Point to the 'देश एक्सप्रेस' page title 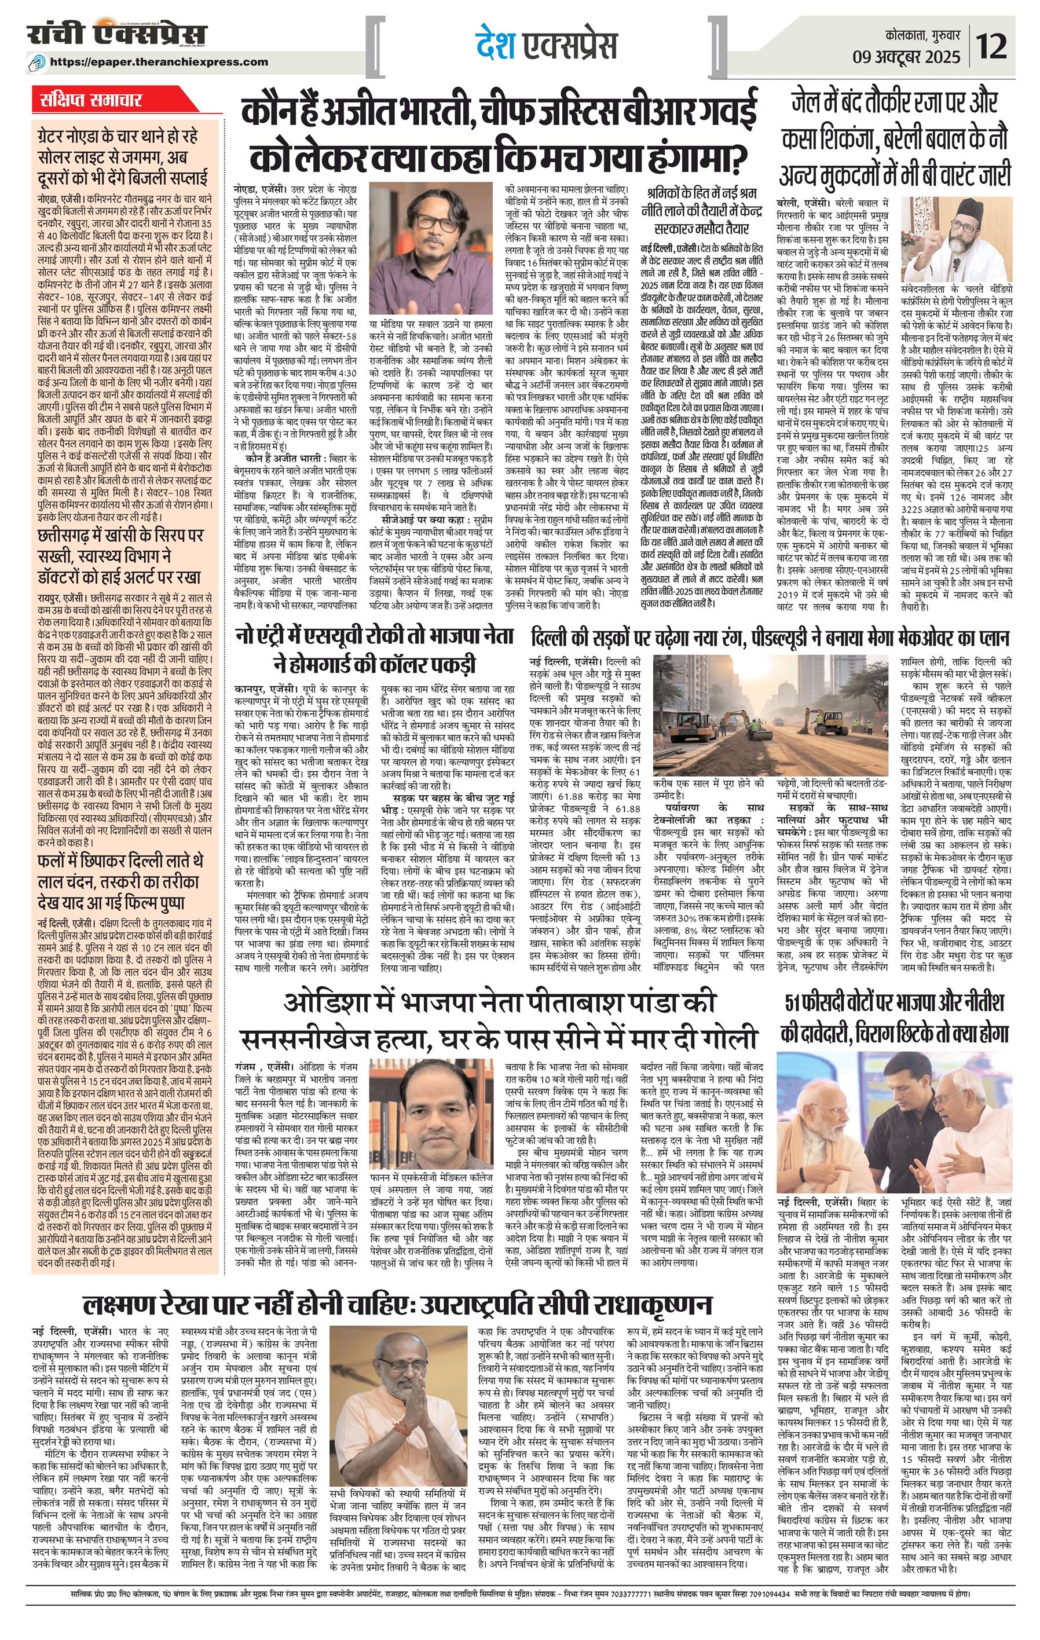545,46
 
